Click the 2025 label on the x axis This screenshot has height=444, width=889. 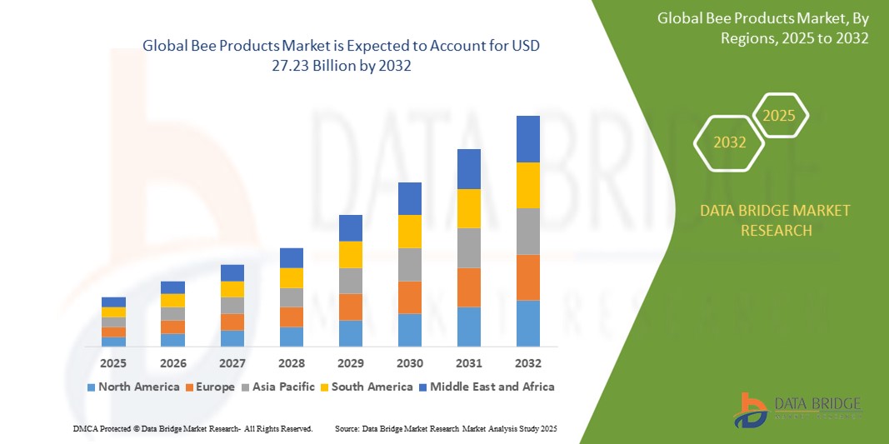(113, 363)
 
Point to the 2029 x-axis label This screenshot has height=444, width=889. (350, 363)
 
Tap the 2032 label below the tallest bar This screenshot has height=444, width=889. (528, 363)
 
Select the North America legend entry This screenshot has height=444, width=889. (132, 387)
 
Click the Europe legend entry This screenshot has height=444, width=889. (209, 387)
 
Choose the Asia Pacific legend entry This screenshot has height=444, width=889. (278, 387)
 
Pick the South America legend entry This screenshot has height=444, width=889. (367, 387)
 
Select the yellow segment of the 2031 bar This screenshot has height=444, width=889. (469, 208)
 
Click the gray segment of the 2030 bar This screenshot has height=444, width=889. (410, 265)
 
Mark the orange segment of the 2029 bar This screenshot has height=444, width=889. (350, 307)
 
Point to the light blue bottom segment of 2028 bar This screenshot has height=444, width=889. (291, 337)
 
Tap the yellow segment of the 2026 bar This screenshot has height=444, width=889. (172, 300)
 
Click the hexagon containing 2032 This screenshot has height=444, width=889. (729, 142)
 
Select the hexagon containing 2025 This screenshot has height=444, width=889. (780, 116)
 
